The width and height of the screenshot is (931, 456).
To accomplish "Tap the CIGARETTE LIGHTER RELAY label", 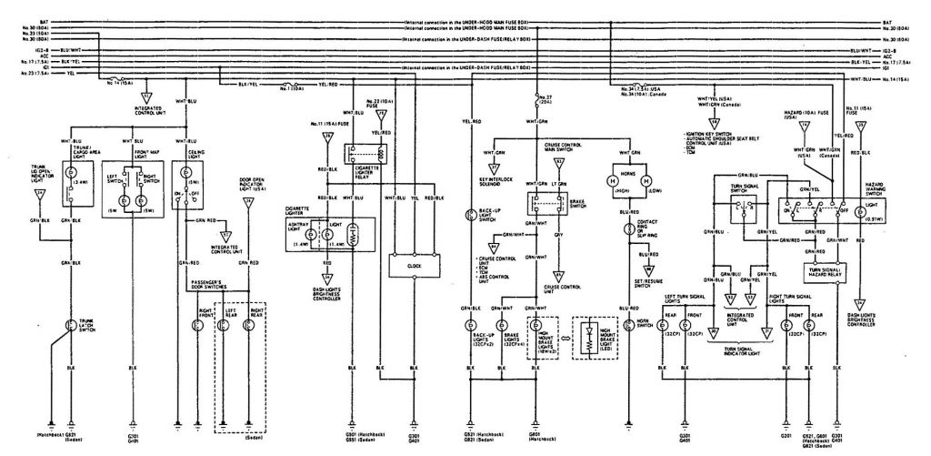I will (366, 187).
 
